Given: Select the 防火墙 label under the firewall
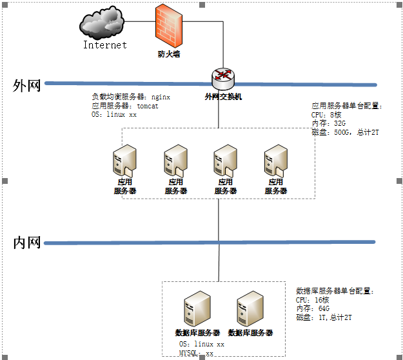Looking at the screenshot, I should pos(169,54).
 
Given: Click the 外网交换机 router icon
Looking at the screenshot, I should pos(223,78).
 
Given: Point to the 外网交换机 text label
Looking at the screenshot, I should pos(223,97).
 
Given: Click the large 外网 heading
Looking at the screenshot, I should pos(27,86).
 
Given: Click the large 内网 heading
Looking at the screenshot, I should pos(27,243).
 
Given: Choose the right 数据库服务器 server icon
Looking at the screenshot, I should pos(250,308).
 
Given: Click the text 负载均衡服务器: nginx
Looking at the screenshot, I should pos(131,97).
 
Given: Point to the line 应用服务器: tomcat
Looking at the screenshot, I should pos(125,106).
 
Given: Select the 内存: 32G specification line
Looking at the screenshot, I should pos(329,123).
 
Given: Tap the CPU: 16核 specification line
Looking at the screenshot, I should pos(313,300).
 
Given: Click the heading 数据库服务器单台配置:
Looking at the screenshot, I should pos(335,291).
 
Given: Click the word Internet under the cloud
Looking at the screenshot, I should pos(105,45).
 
